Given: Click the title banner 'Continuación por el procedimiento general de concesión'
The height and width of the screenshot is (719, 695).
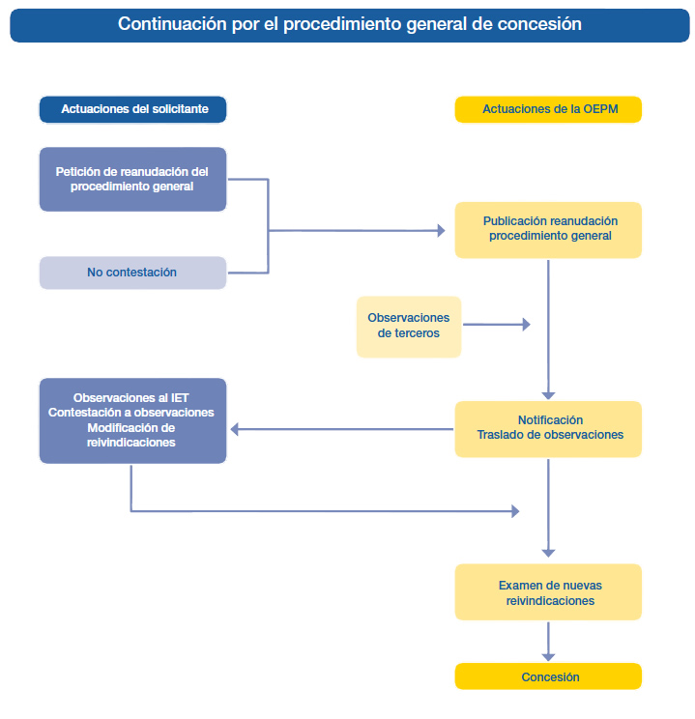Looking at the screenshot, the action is coord(350,25).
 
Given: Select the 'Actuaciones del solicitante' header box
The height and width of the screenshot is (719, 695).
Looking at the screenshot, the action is coord(132,109).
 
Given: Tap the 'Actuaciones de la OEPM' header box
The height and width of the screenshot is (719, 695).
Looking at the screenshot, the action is coord(548,109).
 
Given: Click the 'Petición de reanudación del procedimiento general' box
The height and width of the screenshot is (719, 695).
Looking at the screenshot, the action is coord(132,180).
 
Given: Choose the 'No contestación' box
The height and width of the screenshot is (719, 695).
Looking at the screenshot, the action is coord(132,273).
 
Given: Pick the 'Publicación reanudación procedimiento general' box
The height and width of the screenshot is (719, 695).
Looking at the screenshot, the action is coord(548,230).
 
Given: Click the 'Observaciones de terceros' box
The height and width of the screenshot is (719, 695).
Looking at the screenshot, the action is coord(409,327).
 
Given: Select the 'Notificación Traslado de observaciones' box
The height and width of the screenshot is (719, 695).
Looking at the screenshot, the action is coord(548,429).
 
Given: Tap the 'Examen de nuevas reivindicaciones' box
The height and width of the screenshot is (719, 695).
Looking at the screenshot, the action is coord(548,592).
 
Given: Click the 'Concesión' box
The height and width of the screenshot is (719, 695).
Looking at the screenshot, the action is coord(548,676).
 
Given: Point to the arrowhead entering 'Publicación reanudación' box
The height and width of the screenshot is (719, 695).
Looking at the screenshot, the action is coord(442,231).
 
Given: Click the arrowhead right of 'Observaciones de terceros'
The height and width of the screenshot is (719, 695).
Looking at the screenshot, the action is coord(527,325).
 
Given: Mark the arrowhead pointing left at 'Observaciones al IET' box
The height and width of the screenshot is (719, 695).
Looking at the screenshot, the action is coord(235,429).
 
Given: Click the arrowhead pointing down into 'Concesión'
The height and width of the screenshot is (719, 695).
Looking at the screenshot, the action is coord(548,657).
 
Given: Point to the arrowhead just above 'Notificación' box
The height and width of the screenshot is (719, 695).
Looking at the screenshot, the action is coord(548,395).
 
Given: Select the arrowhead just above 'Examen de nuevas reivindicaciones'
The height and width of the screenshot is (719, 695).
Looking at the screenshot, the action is coord(548,554).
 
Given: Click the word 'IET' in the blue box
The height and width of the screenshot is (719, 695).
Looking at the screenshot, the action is coord(180,397).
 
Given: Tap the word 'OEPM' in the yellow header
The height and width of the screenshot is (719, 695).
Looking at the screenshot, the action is coord(600,109).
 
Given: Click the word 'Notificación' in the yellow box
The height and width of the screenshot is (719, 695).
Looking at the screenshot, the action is coord(550,419).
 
